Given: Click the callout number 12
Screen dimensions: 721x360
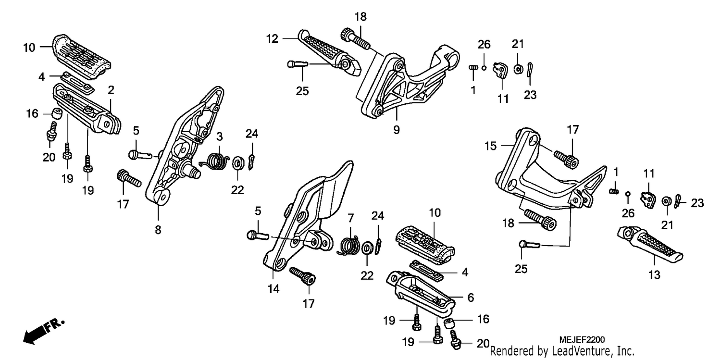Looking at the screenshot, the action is [272, 39].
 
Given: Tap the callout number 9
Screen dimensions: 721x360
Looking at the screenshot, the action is [396, 130].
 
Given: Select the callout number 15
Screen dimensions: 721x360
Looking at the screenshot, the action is [491, 146].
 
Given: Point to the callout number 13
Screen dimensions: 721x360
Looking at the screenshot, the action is [654, 275].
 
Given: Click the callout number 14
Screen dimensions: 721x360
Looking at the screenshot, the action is [273, 288].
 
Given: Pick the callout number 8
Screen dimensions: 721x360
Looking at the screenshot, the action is [158, 230].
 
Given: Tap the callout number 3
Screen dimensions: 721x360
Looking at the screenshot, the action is [220, 137].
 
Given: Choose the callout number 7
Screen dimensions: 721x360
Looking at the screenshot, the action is [350, 218].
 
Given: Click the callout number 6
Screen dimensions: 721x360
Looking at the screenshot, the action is [471, 298].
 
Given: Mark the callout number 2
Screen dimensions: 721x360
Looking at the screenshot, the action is [111, 90].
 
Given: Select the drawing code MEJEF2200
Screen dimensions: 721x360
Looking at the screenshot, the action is [582, 340].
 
